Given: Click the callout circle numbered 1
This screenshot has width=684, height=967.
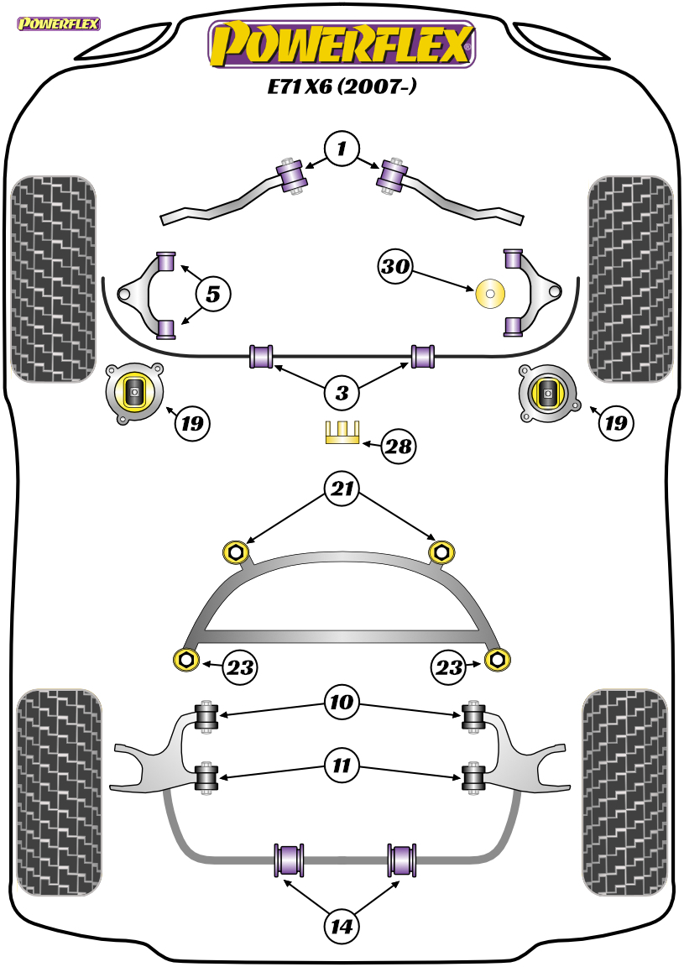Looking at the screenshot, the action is (342, 149).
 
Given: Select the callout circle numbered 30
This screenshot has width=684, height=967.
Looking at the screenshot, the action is (395, 266).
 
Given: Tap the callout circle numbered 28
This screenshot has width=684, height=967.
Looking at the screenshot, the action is (399, 446).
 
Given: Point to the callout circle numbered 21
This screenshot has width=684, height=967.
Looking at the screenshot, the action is (342, 489).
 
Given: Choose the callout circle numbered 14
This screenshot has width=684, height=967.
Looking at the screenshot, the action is (342, 926).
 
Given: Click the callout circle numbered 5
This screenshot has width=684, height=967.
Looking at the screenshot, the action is (213, 294).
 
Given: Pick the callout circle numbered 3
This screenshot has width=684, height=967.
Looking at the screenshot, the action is (342, 392).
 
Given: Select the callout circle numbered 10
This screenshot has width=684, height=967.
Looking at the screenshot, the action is (342, 702).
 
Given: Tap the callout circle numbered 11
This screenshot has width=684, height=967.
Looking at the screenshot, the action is (342, 766).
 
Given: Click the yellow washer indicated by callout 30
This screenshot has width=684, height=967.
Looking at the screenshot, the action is (491, 294).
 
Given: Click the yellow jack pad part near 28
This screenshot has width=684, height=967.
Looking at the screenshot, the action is (342, 431).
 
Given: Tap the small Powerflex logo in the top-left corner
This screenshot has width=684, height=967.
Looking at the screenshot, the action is (59, 24).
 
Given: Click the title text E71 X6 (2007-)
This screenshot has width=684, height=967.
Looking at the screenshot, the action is (341, 86).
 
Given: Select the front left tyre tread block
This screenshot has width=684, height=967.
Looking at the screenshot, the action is (55, 280).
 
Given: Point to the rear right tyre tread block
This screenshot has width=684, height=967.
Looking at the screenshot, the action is (625, 792).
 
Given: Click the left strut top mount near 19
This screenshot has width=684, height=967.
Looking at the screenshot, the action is (134, 393).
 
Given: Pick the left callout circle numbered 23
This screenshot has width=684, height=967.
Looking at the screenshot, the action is (241, 667).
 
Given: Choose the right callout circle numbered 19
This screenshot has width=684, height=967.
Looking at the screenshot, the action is (615, 423).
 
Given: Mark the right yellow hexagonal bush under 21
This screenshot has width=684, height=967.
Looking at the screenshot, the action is (441, 551).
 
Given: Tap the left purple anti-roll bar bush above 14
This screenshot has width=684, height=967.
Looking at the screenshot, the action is (289, 860).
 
